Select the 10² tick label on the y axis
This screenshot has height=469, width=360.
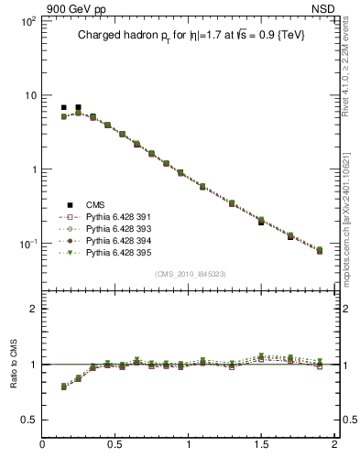click(x=28, y=21)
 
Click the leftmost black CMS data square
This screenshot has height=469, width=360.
click(x=63, y=108)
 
